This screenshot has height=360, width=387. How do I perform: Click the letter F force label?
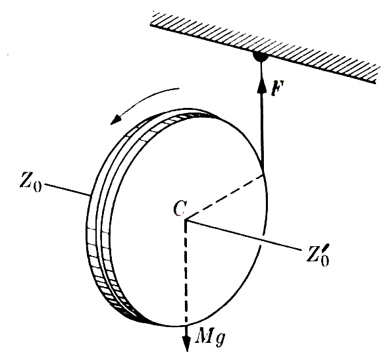[x=278, y=88]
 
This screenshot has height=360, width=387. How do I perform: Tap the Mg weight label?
[x=210, y=338]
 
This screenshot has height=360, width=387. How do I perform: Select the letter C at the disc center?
[x=180, y=209]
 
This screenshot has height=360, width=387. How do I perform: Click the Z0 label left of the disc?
[x=31, y=183]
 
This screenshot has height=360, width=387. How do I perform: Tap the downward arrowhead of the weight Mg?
[x=187, y=342]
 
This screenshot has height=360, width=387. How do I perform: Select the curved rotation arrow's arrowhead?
[x=116, y=119]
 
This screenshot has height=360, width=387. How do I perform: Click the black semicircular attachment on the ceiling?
[x=261, y=57]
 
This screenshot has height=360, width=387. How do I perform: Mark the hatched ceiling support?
[x=263, y=47]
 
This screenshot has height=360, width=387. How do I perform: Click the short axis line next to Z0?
[x=67, y=190]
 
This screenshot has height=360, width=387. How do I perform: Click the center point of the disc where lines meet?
[x=186, y=220]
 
